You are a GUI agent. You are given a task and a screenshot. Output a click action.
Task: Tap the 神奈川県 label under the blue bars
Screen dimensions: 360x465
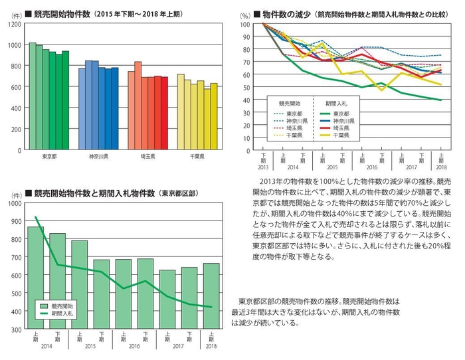pos(98,157)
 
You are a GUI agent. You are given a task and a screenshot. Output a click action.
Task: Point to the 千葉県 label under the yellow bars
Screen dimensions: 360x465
pos(197,157)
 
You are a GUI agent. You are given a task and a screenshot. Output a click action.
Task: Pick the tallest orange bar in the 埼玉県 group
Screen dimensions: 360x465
pos(138,106)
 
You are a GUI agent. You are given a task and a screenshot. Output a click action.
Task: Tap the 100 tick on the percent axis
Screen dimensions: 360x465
pos(245,24)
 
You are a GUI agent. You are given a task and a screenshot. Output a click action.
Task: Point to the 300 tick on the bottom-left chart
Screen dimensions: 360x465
pos(14,329)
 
